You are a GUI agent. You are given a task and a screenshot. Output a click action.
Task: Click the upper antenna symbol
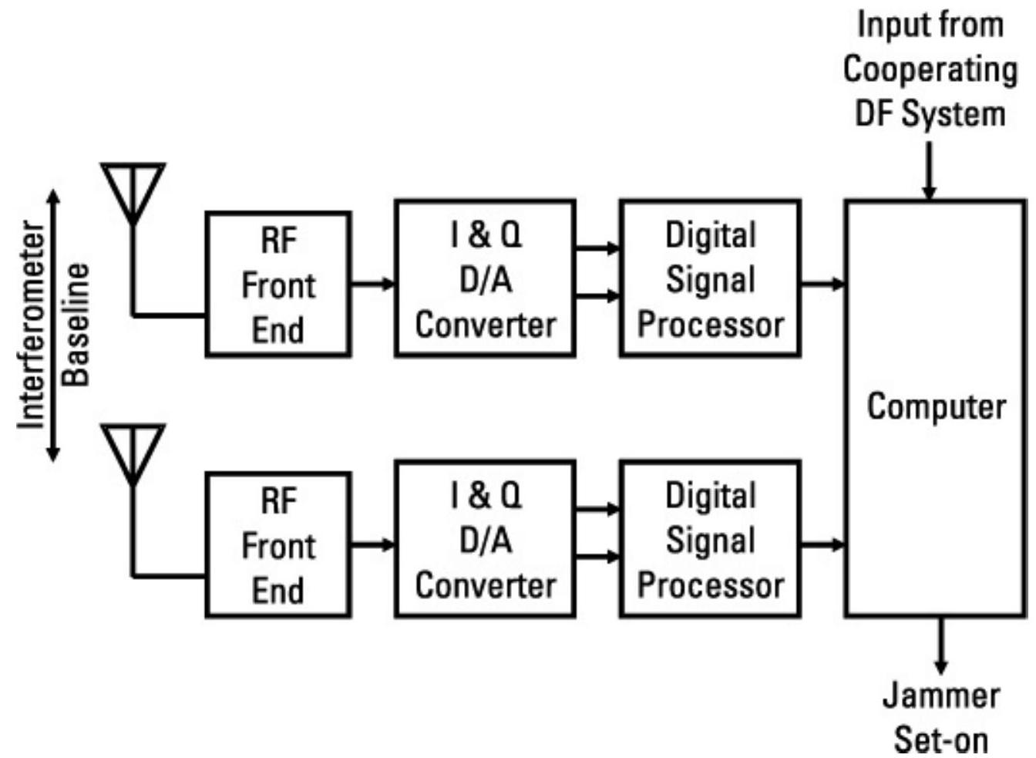133,188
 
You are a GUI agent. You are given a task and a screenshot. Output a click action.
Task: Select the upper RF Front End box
278,285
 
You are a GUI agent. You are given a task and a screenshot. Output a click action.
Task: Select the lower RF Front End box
278,545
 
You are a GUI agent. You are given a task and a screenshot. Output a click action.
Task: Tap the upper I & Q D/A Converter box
485,278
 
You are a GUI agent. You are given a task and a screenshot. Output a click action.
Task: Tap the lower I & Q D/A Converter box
485,539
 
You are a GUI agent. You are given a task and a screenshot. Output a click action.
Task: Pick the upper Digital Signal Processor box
710,278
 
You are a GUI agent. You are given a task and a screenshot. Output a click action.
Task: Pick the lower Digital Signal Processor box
710,539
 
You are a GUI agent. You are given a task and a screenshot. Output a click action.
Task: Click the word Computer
937,406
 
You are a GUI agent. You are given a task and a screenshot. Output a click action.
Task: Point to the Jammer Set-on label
941,717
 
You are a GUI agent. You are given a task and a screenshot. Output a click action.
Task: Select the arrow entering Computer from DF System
930,171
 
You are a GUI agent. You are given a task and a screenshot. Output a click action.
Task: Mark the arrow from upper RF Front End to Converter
373,284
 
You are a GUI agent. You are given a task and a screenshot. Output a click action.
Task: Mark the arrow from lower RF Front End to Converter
373,545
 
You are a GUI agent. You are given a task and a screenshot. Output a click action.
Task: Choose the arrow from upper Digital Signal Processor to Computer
823,285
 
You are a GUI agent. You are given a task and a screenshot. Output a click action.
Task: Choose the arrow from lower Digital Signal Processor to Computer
823,545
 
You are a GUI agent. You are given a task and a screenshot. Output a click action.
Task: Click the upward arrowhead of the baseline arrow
53,197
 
